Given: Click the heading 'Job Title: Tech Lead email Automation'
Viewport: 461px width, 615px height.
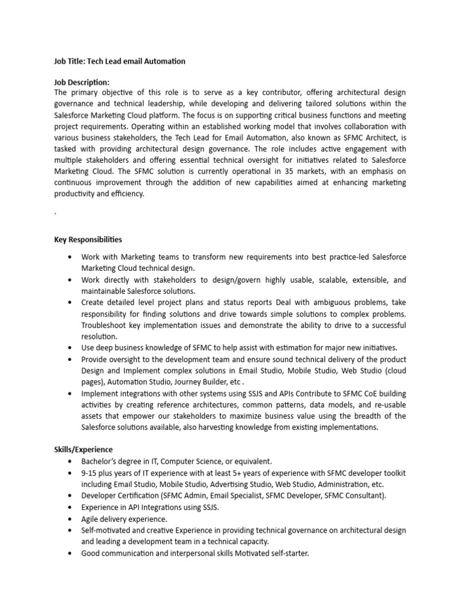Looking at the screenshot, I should pos(119,61).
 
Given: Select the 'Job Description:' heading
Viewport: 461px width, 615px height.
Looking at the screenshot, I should pos(82,82).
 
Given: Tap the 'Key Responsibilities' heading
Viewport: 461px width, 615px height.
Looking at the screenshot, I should pos(88,239).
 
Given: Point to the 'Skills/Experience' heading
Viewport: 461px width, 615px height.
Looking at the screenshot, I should pos(83,449).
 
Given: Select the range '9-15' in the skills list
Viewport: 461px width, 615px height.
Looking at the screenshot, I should pos(90,473).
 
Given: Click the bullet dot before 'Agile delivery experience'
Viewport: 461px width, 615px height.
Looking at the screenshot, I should pos(70,519).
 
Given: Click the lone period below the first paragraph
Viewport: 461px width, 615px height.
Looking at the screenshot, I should pos(55,213).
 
